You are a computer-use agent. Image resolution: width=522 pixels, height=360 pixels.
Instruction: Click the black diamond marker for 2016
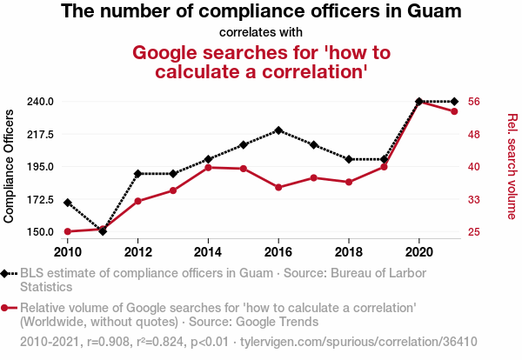[278, 130]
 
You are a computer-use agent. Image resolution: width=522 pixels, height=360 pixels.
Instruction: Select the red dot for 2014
[208, 167]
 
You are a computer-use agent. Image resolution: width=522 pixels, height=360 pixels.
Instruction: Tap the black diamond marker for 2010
[68, 203]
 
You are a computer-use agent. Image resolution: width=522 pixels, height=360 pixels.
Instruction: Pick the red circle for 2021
[454, 111]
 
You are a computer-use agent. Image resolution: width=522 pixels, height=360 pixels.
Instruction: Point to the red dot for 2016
[278, 187]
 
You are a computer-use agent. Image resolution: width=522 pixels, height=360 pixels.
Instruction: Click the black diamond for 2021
[454, 102]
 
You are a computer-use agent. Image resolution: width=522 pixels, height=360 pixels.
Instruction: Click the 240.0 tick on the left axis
[41, 102]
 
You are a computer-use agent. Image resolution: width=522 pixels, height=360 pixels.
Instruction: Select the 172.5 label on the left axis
[41, 199]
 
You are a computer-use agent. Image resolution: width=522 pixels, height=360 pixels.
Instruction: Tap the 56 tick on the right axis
[474, 102]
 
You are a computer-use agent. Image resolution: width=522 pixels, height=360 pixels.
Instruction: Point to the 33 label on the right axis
[474, 199]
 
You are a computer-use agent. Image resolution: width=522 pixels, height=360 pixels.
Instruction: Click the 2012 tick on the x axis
[137, 251]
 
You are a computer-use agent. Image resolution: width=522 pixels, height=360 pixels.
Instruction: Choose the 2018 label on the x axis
[349, 251]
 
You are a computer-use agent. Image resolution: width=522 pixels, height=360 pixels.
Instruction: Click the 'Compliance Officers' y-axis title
[10, 166]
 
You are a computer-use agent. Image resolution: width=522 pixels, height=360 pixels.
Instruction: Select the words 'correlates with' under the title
[261, 33]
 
